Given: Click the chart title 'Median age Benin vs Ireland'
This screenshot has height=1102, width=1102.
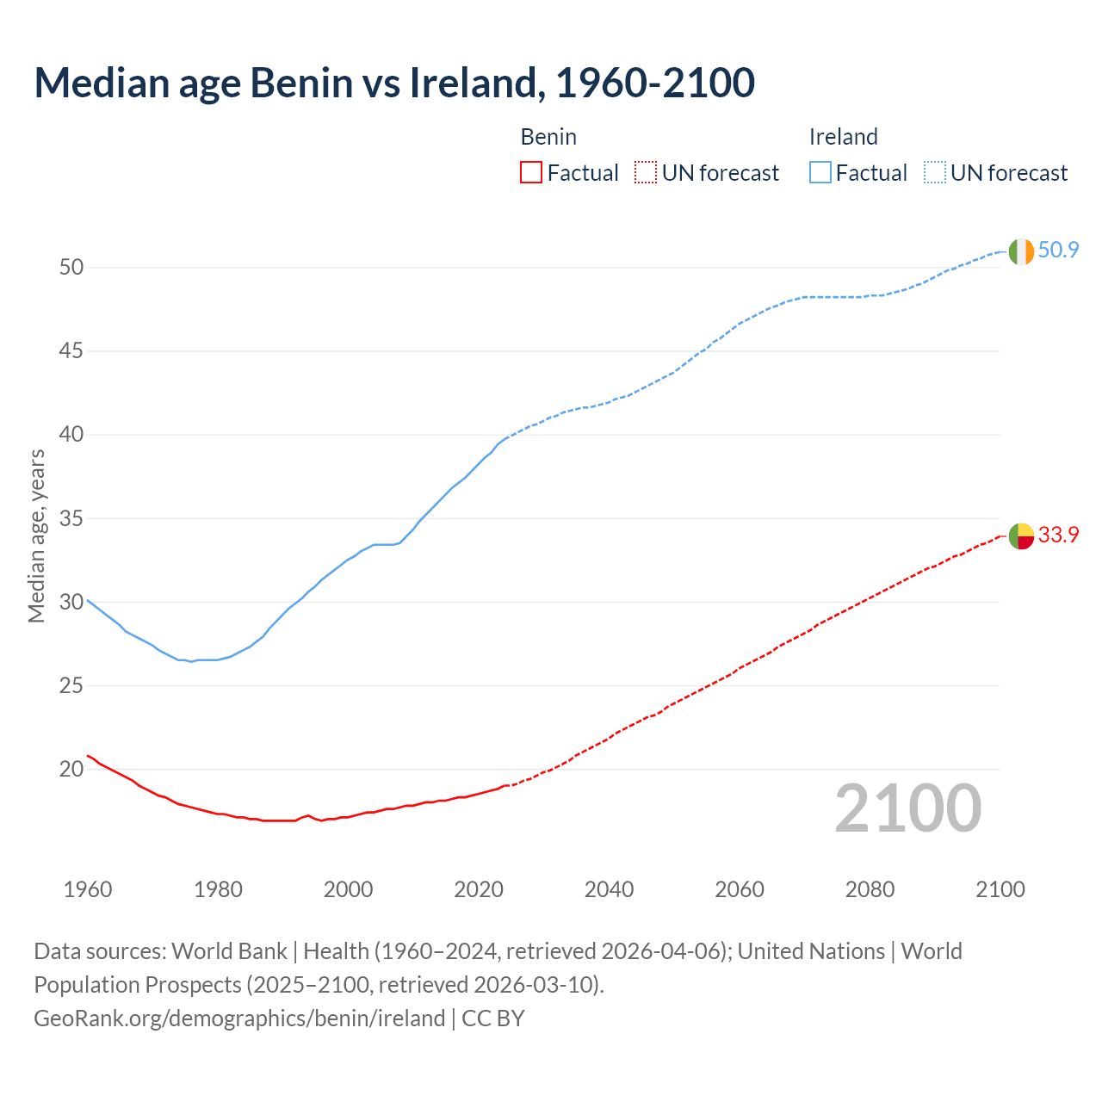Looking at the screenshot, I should coord(394,83).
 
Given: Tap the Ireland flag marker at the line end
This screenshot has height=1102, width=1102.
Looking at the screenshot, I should coord(1021,251).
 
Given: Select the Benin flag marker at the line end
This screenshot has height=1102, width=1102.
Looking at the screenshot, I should coord(1021,536).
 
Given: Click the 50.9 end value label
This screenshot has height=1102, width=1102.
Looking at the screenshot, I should coord(1058,251).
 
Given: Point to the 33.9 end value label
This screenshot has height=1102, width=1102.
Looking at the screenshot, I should coord(1058,535).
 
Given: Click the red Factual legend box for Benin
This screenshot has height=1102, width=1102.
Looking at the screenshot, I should coord(531,172).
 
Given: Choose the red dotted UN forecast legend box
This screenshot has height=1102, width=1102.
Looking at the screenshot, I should coord(646,172).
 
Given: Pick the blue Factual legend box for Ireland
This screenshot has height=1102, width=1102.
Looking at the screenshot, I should coord(820,172).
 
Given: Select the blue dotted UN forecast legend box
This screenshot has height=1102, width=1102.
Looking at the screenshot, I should coord(934,172).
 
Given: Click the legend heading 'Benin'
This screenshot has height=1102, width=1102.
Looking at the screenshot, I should coord(548,137).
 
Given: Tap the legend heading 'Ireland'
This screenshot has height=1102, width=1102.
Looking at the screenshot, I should coord(843,137).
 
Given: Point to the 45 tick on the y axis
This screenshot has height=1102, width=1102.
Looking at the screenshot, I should coord(71,351).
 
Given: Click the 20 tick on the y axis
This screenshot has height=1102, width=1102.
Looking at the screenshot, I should coord(71,769).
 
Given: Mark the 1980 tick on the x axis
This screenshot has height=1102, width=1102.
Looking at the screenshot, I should coord(218,889).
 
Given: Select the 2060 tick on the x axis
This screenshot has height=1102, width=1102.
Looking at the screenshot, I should coord(740,889).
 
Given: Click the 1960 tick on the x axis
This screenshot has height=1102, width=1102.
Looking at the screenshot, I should coord(88,889).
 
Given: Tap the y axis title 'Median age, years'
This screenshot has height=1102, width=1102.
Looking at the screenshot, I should coord(36,536).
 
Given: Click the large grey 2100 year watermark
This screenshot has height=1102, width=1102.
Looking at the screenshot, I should coord(907,808).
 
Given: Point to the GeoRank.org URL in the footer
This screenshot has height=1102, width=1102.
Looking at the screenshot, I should coord(239,1018).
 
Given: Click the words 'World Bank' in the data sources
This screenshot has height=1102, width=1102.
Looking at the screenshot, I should coord(229,951).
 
